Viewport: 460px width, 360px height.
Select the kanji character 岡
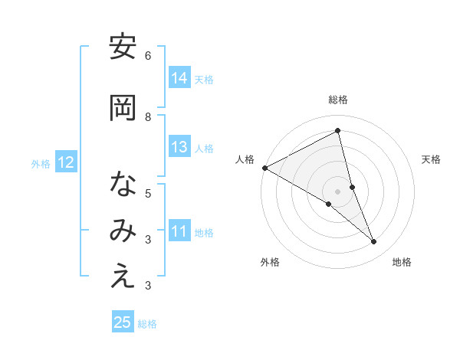[123, 109]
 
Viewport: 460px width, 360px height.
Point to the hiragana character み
[123, 232]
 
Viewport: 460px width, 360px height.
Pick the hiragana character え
[123, 278]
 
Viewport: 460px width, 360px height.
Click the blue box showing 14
[179, 78]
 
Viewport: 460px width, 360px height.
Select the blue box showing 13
[179, 148]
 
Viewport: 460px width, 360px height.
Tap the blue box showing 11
[179, 232]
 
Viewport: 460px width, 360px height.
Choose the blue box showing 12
[65, 162]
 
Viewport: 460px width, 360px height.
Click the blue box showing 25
[123, 323]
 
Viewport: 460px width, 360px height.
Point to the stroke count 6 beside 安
[148, 56]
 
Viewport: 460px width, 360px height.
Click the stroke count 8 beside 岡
[148, 117]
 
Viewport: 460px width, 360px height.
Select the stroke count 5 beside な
[148, 194]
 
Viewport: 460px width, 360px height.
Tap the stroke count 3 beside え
[148, 286]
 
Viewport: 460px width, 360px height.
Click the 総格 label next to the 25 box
[147, 324]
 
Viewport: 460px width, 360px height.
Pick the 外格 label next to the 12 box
[41, 163]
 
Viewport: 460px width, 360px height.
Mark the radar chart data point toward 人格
[264, 167]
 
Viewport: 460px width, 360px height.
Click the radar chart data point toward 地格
[374, 242]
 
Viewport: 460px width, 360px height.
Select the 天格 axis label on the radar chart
[431, 159]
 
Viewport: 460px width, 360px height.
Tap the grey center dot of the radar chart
[337, 191]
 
